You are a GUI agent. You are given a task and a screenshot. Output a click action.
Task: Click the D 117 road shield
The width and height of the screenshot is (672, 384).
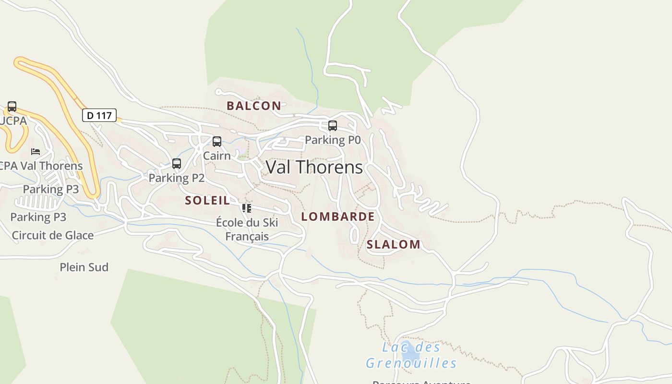99,115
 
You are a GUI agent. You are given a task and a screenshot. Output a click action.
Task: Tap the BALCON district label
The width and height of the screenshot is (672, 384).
254,106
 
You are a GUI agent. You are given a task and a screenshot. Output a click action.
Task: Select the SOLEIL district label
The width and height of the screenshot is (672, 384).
207,201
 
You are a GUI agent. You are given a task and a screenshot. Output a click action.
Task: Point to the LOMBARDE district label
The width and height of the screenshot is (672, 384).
338,216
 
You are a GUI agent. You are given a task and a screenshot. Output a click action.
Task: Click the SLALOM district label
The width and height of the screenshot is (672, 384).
394,244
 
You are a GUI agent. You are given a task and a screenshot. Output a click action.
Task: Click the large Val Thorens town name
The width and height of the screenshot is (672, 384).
314,167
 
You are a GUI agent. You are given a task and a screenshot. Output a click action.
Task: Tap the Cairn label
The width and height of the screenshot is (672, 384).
216,156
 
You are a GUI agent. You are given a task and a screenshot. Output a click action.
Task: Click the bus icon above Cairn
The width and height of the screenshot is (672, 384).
217,142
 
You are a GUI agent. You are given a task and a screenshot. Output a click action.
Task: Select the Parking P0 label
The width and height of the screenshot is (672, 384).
333,140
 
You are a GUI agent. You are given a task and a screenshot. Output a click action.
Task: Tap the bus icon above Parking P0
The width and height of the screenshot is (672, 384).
332,126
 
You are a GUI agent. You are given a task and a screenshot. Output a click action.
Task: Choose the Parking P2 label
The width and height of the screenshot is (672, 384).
177,178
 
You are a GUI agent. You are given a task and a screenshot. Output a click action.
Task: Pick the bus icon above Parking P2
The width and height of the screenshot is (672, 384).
177,164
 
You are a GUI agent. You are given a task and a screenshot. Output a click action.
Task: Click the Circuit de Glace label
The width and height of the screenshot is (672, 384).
53,235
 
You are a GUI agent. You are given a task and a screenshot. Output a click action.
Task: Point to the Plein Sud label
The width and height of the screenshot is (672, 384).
84,267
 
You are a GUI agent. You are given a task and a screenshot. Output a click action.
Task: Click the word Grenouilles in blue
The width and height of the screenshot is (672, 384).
411,363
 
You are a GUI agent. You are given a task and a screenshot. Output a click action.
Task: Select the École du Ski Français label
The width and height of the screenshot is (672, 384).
247,229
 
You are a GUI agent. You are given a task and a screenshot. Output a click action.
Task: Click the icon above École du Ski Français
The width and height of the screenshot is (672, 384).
247,208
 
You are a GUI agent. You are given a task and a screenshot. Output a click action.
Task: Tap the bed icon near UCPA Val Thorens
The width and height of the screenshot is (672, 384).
36,152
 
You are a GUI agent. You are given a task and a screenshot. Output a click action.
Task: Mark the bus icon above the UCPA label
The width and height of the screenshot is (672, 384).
12,107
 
